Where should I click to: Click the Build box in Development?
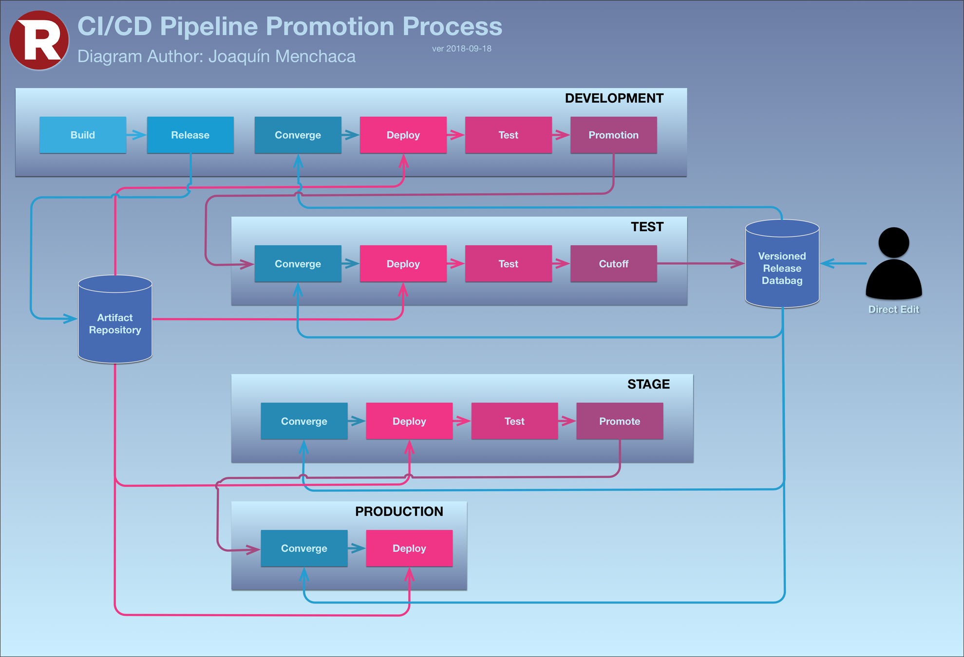pyautogui.click(x=83, y=135)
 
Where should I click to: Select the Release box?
pyautogui.click(x=190, y=135)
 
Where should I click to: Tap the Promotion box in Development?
pyautogui.click(x=613, y=135)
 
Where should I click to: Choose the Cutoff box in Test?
pyautogui.click(x=613, y=264)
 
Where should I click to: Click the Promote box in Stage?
pyautogui.click(x=619, y=421)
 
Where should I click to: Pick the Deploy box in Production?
pyautogui.click(x=409, y=548)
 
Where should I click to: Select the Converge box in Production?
pyautogui.click(x=304, y=548)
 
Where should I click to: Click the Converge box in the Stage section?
pyautogui.click(x=304, y=421)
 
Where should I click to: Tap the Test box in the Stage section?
pyautogui.click(x=514, y=421)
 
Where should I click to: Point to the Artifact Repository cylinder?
pyautogui.click(x=115, y=324)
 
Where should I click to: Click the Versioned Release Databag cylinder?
pyautogui.click(x=782, y=268)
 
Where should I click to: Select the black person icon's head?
pyautogui.click(x=893, y=242)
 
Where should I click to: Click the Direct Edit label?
pyautogui.click(x=893, y=310)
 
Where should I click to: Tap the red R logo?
pyautogui.click(x=39, y=40)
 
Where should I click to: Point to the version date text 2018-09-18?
pyautogui.click(x=469, y=49)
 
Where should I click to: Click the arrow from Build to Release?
pyautogui.click(x=136, y=135)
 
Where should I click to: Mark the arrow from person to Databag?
pyautogui.click(x=844, y=264)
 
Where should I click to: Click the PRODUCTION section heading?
pyautogui.click(x=399, y=511)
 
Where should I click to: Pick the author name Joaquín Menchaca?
pyautogui.click(x=282, y=56)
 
